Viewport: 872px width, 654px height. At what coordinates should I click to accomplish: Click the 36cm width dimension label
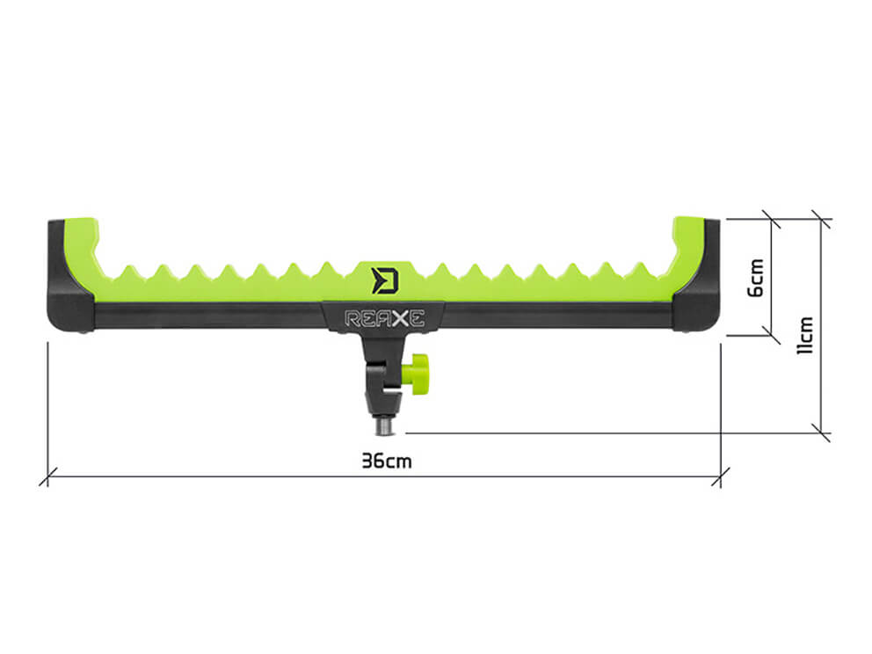[x=387, y=461]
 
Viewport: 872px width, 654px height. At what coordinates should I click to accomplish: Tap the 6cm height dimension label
[x=756, y=278]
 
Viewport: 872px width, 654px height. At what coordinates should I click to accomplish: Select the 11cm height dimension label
[x=804, y=335]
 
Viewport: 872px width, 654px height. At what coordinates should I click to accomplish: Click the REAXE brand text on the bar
[x=385, y=318]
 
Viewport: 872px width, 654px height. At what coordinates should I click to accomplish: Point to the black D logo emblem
[x=385, y=280]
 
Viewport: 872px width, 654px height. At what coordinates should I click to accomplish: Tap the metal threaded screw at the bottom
[x=383, y=426]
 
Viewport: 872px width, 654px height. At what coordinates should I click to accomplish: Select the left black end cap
[x=69, y=276]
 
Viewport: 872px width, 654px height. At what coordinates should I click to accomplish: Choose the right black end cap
[x=698, y=276]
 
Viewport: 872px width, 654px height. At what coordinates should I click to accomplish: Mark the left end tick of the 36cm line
[x=47, y=476]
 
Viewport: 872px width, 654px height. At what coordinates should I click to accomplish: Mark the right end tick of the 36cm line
[x=721, y=476]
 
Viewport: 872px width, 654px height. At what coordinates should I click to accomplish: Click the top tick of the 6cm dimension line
[x=771, y=219]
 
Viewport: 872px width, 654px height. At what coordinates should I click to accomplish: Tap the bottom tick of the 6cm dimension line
[x=771, y=335]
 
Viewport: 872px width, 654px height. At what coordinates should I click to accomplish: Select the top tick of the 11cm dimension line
[x=821, y=219]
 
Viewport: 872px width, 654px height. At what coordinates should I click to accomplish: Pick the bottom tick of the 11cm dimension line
[x=821, y=432]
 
